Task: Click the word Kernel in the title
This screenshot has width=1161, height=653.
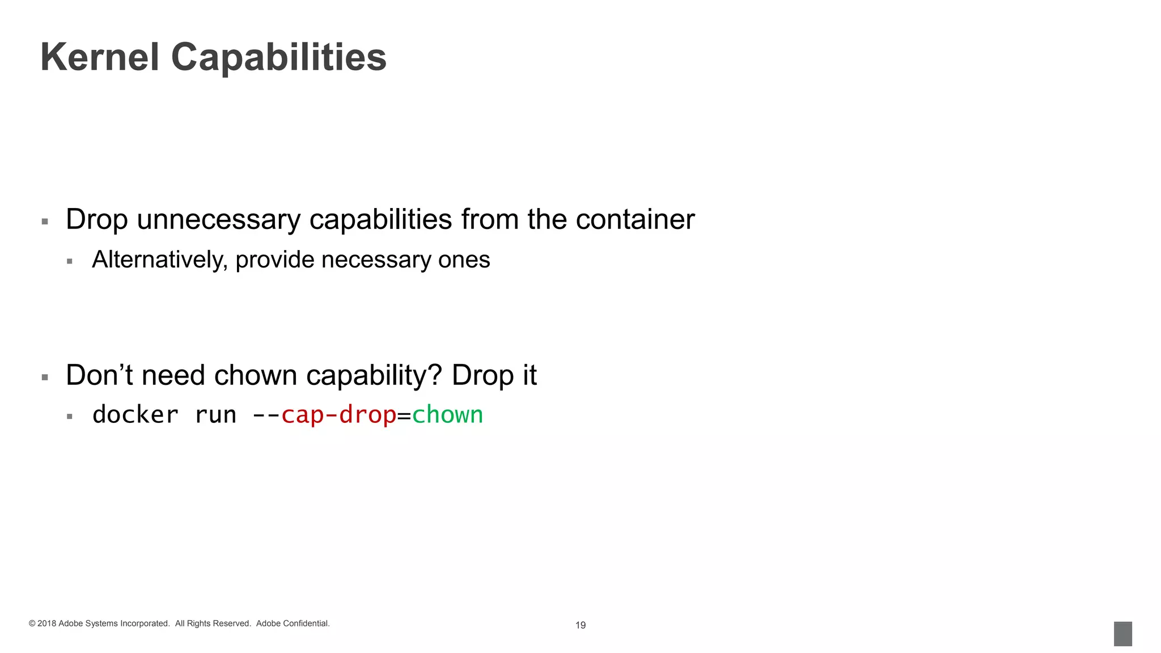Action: coord(100,57)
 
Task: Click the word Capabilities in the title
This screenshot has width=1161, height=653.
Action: coord(278,57)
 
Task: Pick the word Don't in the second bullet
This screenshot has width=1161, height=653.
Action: coord(99,375)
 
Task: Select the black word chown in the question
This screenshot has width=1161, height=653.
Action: coord(256,375)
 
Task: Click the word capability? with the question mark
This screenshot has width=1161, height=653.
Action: coord(374,376)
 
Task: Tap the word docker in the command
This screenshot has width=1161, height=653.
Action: coord(135,415)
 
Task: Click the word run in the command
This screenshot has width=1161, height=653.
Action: coord(215,415)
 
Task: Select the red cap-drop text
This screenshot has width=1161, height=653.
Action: coord(338,415)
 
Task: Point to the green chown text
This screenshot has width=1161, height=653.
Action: coord(447,415)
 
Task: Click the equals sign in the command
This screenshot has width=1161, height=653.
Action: coord(404,416)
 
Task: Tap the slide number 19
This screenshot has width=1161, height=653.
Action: coord(580,625)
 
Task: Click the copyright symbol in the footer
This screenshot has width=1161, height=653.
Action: coord(32,624)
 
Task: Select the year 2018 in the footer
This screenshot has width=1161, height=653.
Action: coord(46,624)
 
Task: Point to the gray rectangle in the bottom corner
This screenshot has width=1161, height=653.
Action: coord(1122,634)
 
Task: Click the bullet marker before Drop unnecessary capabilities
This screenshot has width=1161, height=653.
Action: coord(45,222)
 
